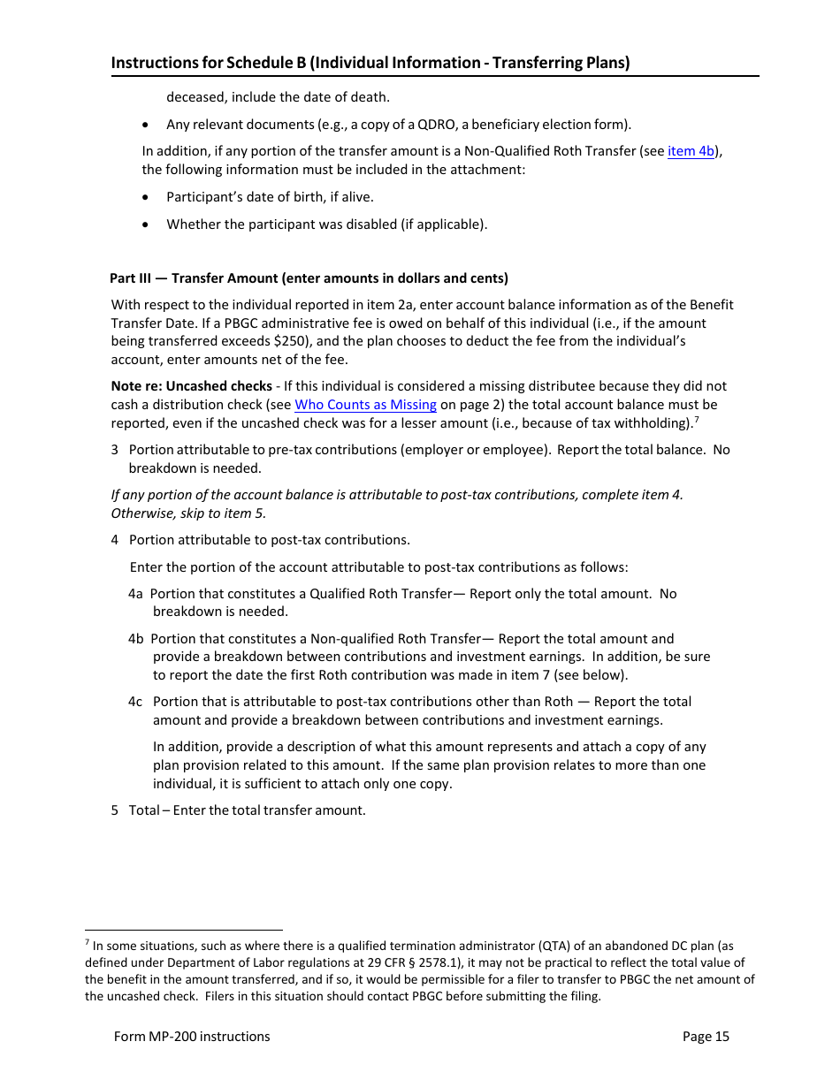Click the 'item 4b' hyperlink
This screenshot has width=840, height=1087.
691,151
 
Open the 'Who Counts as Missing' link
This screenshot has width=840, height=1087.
365,405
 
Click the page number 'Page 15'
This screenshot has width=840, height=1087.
706,1037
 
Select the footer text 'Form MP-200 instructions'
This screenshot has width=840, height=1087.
192,1037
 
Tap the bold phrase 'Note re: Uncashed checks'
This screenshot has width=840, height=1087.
191,386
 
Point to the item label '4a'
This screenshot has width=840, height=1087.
135,594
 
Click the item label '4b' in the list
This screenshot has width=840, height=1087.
135,639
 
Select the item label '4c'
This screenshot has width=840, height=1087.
135,702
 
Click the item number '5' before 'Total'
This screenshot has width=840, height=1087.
115,810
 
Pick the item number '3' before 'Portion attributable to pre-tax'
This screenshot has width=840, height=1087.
115,450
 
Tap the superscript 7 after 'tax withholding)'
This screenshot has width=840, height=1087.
697,420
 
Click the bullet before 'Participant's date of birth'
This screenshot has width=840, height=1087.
147,197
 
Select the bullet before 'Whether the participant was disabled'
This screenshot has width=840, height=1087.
147,224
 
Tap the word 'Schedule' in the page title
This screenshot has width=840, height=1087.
258,63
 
